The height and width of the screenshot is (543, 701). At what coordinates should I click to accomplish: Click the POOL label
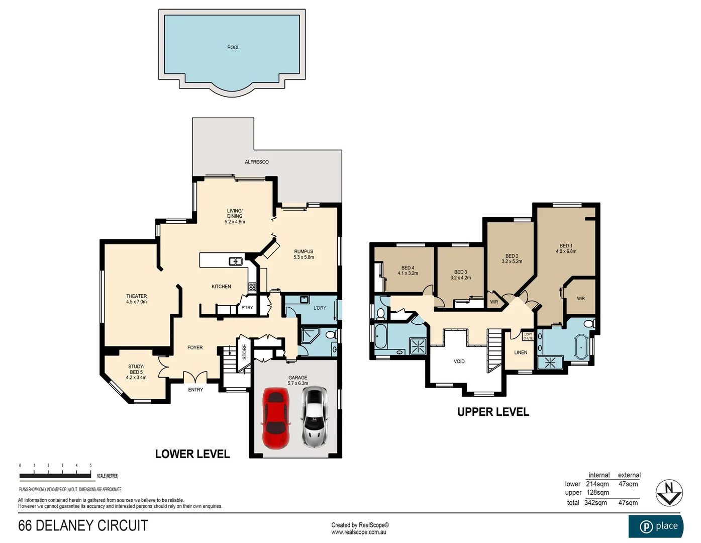coord(233,48)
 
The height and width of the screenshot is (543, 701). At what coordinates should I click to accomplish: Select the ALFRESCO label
coord(257,162)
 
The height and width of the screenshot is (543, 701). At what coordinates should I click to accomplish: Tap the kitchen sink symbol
coord(235,261)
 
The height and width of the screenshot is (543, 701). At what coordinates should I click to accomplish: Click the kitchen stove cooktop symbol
coord(252,287)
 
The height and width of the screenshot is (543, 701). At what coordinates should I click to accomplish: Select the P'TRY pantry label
coord(247,308)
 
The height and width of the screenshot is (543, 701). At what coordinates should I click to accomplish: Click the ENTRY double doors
coord(195,377)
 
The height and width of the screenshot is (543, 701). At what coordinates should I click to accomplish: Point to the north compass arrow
coord(669,493)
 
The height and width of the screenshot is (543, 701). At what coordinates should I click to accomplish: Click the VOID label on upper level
coord(459,361)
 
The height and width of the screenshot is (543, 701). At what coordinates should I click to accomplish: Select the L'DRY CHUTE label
coord(528,336)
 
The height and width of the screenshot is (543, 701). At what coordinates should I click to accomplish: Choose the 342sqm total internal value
coord(595,503)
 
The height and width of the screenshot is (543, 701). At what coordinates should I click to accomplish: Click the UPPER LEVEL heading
coord(493,412)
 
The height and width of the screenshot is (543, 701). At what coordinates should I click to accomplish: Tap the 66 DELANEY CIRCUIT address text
coord(83,526)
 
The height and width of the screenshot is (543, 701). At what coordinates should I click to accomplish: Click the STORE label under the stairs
coord(245,351)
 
